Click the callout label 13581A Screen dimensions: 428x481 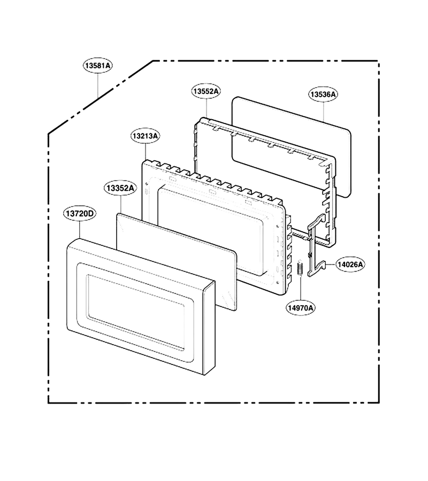(x=98, y=65)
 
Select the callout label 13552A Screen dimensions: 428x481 (x=207, y=91)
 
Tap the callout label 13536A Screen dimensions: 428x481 (x=323, y=95)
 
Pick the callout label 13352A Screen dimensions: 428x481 (x=120, y=188)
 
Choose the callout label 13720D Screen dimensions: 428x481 (x=80, y=213)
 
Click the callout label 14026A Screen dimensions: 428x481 (x=350, y=264)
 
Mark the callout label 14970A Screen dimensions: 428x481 (x=300, y=308)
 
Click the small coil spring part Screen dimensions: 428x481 (x=300, y=268)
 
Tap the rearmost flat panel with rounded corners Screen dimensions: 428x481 (x=291, y=148)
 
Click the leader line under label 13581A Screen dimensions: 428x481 (x=98, y=85)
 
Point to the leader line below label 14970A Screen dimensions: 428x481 (x=300, y=288)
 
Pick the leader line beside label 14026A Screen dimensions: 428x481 (x=331, y=264)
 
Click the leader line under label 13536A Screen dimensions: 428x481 (x=323, y=112)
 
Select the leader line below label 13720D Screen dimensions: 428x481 (x=80, y=230)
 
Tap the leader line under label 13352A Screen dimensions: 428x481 (x=121, y=205)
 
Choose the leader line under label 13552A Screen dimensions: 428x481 (x=207, y=108)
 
